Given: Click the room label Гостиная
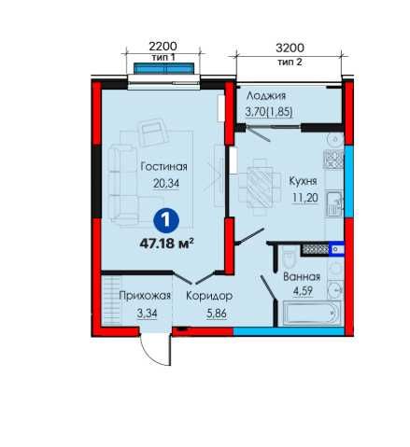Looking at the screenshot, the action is [163, 167].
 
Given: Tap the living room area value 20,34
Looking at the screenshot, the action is [166, 184].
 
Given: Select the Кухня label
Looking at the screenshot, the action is [303, 181].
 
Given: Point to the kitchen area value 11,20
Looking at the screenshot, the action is [304, 198].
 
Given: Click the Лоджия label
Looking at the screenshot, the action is [266, 96].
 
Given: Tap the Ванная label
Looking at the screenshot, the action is [302, 277].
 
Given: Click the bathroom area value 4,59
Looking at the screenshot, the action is [303, 291].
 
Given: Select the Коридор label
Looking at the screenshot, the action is [209, 296].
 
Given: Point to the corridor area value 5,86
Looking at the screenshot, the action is [217, 314].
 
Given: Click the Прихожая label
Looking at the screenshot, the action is [145, 296].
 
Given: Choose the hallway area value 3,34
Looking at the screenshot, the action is [147, 314].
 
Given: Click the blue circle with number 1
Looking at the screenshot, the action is [166, 220].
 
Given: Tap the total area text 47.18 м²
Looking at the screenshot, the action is [167, 244].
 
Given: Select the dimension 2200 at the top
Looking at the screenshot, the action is [163, 47].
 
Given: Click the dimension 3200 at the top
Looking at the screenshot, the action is [290, 48].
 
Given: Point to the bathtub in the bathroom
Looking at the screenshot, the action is [312, 313].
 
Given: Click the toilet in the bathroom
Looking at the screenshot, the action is [290, 259].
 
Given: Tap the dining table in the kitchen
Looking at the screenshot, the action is [260, 188].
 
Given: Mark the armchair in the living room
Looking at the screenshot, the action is [153, 133].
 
